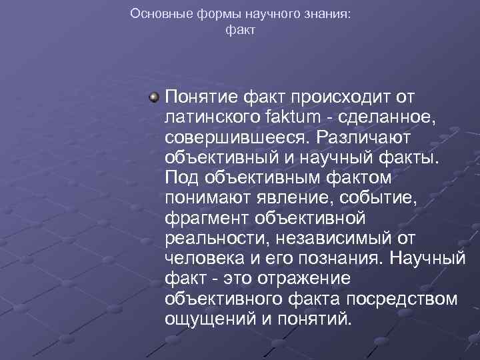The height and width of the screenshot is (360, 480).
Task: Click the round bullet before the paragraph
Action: pos(154,98)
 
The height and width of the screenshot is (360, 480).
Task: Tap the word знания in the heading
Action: pos(323,13)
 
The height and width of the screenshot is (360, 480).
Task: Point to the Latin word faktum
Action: pos(295,118)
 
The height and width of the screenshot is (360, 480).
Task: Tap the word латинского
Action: pos(212,118)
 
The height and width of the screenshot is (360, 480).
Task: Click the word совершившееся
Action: pos(237,138)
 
